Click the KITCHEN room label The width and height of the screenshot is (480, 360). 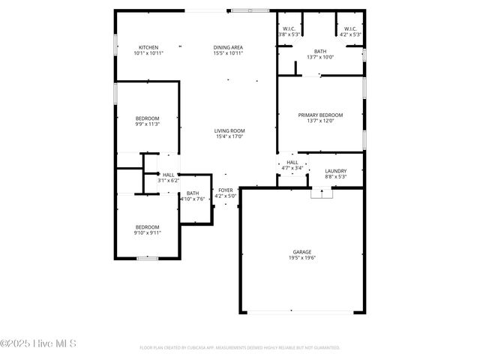tap(148, 47)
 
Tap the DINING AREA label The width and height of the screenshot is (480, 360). tap(228, 47)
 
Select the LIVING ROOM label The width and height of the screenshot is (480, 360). tap(230, 130)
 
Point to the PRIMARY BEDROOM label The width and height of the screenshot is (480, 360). tap(320, 115)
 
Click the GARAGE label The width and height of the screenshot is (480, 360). tap(302, 251)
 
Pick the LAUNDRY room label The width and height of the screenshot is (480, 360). tap(335, 171)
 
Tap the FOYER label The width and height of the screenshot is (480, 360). tap(226, 190)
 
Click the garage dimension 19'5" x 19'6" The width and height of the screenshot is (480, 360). tap(302, 257)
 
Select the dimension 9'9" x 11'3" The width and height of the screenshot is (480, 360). tap(147, 124)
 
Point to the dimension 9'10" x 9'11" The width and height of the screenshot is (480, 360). tap(147, 232)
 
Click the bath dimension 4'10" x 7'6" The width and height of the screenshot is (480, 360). tap(193, 199)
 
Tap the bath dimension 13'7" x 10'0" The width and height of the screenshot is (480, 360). tap(320, 57)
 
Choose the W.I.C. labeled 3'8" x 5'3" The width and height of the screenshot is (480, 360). tap(289, 34)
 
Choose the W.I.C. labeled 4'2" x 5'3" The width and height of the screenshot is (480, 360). tap(350, 34)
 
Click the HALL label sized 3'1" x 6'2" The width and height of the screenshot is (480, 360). tap(169, 175)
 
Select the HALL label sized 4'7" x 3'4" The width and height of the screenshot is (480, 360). tap(292, 162)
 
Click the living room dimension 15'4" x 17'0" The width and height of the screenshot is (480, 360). tap(230, 136)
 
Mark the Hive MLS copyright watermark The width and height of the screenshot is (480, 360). tap(38, 344)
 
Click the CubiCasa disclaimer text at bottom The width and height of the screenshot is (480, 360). tap(240, 348)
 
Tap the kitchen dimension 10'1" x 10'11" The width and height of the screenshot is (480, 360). tap(148, 53)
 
